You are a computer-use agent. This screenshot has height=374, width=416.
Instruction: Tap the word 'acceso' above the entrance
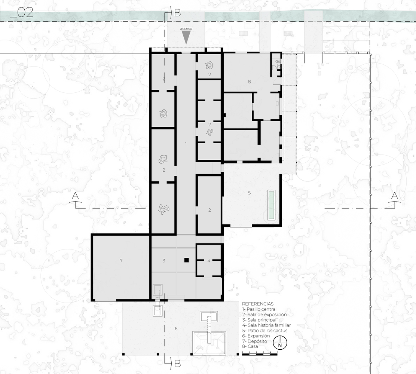[x=186, y=29]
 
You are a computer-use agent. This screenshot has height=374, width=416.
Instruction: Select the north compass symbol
[x=280, y=342]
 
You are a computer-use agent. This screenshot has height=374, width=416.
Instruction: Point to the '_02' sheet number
[x=22, y=13]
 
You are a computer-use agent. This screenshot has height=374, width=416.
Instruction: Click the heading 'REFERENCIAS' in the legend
[x=258, y=304]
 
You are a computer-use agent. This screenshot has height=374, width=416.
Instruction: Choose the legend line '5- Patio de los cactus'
[x=264, y=331]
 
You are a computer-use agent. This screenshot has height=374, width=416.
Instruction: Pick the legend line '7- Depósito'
[x=254, y=341]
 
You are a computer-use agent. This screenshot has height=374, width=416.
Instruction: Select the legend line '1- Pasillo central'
[x=259, y=309]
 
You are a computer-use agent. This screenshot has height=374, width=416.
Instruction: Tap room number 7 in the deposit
[x=121, y=261]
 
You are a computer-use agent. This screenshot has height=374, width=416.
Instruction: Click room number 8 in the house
[x=249, y=82]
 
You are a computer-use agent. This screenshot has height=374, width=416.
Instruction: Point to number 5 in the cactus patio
[x=249, y=193]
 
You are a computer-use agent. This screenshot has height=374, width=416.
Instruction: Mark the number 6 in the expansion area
[x=176, y=329]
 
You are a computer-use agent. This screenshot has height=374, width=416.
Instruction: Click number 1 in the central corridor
[x=186, y=144]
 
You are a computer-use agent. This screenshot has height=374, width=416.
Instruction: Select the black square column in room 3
[x=187, y=260]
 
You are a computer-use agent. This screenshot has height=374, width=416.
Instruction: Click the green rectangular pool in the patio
[x=271, y=205]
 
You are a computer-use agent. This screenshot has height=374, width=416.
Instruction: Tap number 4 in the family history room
[x=209, y=261]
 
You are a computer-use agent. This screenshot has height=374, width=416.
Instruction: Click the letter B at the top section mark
[x=177, y=13]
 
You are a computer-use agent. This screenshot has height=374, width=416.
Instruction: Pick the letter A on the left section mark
[x=76, y=196]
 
